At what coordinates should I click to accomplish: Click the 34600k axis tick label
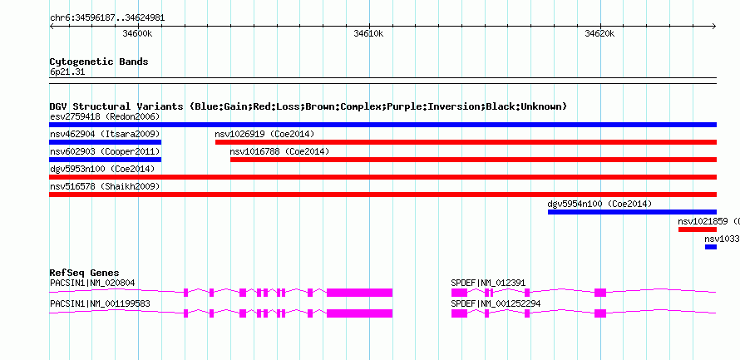137,33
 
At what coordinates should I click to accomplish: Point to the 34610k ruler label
368,33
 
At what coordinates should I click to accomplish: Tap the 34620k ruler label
599,33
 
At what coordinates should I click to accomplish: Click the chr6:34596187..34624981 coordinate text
107,18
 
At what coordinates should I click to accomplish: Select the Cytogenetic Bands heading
99,62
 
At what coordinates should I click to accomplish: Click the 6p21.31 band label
67,72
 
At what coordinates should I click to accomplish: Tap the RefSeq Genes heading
85,274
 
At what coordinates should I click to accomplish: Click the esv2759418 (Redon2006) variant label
105,116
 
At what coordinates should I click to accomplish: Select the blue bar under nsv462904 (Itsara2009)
106,142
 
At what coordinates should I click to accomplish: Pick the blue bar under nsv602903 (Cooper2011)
106,160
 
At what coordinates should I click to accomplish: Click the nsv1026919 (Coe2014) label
264,134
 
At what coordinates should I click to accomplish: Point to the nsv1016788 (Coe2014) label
279,151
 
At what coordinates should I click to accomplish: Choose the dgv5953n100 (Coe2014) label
102,169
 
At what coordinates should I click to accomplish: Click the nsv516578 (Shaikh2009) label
105,186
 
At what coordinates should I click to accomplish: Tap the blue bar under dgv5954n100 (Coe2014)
633,212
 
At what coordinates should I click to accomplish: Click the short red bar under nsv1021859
698,229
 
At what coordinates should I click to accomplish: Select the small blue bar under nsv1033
711,247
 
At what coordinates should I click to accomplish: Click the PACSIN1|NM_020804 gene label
92,283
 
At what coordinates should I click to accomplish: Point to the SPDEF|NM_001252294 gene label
496,303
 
